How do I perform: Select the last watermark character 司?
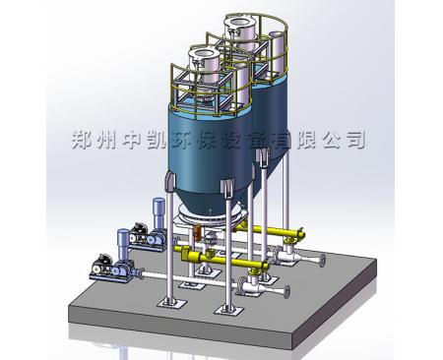[x=353, y=139]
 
